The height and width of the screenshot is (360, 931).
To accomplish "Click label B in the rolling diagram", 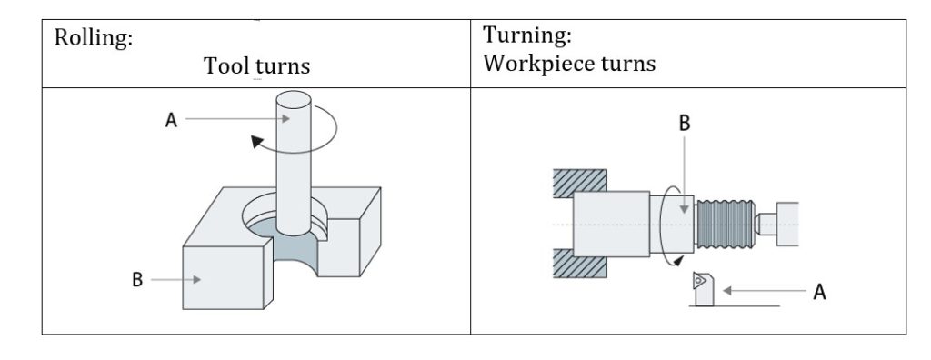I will (138, 280).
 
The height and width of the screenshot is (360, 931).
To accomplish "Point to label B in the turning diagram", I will (685, 125).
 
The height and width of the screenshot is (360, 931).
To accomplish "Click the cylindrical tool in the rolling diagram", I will (292, 173).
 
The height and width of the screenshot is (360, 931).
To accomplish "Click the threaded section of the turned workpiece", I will (724, 225).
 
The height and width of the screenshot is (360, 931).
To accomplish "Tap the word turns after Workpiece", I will (628, 65).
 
